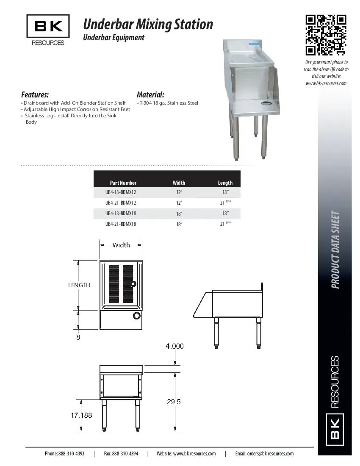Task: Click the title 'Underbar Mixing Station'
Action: click(148, 25)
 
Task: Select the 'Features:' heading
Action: click(35, 94)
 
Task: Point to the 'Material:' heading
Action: click(150, 94)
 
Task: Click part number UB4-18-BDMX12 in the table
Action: click(121, 192)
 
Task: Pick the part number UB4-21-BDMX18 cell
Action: click(121, 224)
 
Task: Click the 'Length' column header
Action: click(225, 183)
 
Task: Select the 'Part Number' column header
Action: click(123, 183)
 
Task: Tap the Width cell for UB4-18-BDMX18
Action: click(179, 214)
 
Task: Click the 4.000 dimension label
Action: click(174, 346)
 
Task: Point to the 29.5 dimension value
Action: click(174, 402)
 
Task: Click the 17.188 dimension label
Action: click(81, 415)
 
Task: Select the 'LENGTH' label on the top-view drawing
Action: click(79, 285)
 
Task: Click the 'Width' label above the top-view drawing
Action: click(121, 245)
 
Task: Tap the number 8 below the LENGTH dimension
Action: click(78, 337)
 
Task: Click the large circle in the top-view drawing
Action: click(137, 315)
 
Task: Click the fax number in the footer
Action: click(121, 453)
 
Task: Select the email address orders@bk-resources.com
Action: click(264, 453)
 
